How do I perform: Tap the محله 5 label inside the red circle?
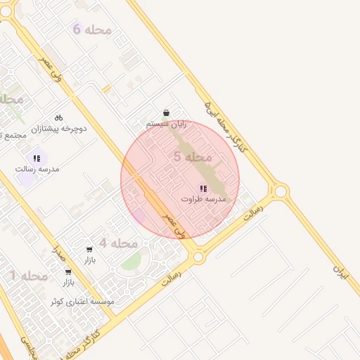(188, 157)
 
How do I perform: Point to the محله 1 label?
(29, 276)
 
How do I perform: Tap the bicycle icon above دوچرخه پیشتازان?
(58, 117)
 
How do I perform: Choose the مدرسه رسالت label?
(37, 169)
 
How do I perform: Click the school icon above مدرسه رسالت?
(37, 159)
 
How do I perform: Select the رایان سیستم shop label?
(167, 124)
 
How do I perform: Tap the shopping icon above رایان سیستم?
(166, 112)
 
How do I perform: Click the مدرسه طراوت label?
(205, 199)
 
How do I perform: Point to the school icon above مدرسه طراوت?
(203, 188)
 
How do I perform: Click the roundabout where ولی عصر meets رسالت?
(198, 257)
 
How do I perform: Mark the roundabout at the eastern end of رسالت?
(281, 191)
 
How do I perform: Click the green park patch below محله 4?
(130, 264)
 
